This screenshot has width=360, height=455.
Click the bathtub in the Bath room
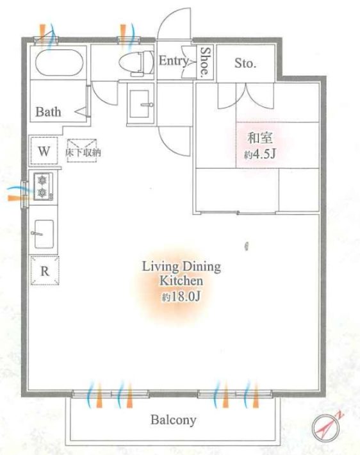[x=59, y=63]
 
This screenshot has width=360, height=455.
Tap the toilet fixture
[x=136, y=63]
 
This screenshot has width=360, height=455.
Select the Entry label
[x=174, y=62]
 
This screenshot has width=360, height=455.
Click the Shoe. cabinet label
[x=205, y=62]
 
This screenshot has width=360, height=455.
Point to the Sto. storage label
[x=245, y=63]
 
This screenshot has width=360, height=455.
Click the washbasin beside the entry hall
[x=140, y=104]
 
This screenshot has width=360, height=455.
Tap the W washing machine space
[x=44, y=151]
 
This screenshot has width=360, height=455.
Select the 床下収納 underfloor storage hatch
[x=82, y=150]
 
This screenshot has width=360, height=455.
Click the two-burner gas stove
[x=43, y=186]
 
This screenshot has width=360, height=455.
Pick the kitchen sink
[x=44, y=234]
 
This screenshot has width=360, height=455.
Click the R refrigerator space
[x=45, y=270]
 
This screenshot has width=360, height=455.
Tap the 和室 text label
[x=260, y=138]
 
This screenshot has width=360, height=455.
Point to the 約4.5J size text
[x=259, y=154]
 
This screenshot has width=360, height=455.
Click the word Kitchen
[x=181, y=281]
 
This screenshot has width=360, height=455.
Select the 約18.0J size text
[x=181, y=297]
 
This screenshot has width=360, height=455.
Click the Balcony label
[x=174, y=420]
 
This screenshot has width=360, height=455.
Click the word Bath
[x=48, y=112]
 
